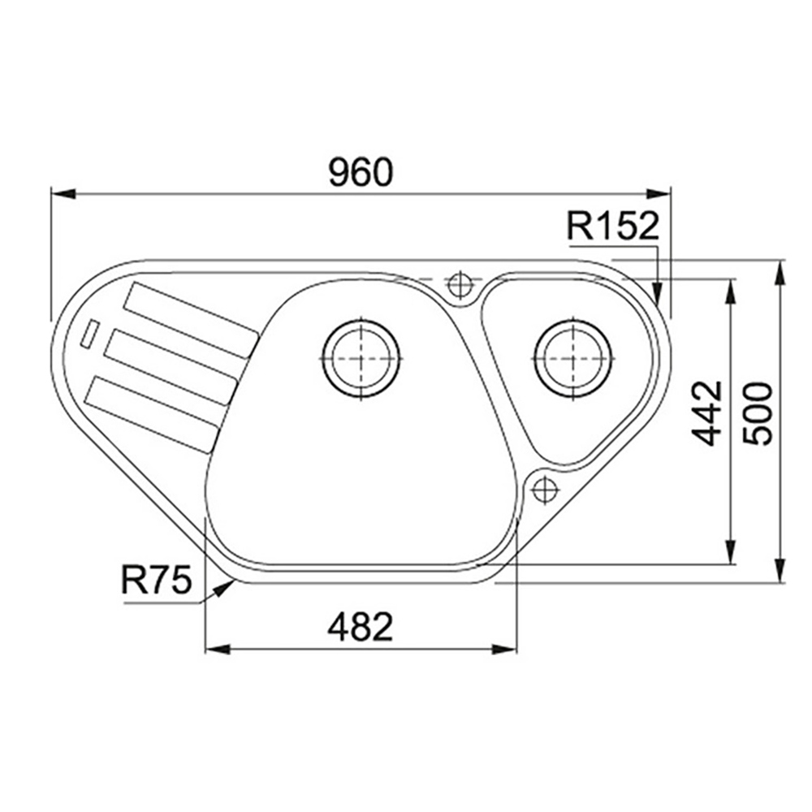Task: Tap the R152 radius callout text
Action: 612,226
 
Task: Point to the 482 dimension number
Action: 361,626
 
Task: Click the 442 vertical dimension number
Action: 707,413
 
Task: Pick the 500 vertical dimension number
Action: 757,413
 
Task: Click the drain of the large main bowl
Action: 361,358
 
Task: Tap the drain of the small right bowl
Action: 573,358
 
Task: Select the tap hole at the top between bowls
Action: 459,284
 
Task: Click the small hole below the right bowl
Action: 544,488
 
